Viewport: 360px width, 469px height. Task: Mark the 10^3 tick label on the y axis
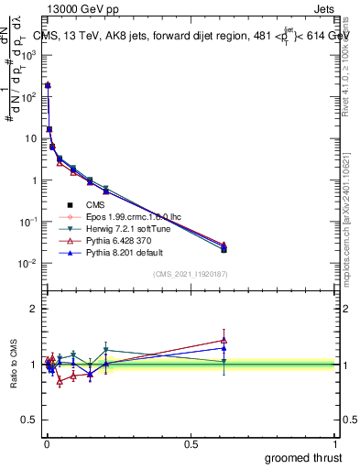click(x=27, y=55)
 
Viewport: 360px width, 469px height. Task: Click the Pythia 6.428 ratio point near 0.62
click(x=224, y=340)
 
